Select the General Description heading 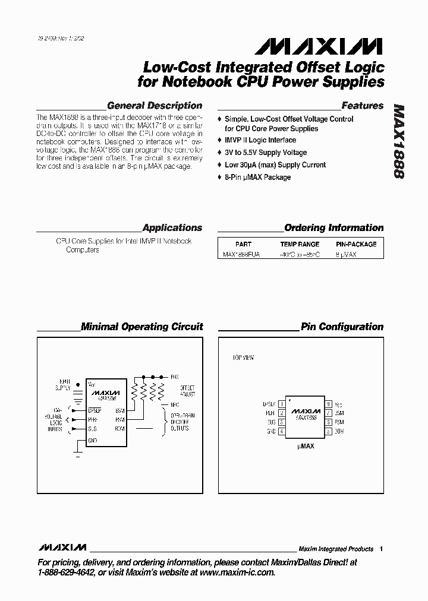[x=155, y=106]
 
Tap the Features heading [x=363, y=106]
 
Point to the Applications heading [x=172, y=227]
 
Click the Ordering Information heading [x=333, y=227]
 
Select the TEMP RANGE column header [x=300, y=244]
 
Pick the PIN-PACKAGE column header [x=356, y=244]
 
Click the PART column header [x=243, y=244]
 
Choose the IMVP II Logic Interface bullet [x=260, y=140]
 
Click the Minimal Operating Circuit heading [x=141, y=327]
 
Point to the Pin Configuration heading [x=342, y=327]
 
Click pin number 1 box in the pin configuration [x=281, y=404]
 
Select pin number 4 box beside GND [x=281, y=431]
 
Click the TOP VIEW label [x=243, y=358]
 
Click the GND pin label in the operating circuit [x=92, y=440]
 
